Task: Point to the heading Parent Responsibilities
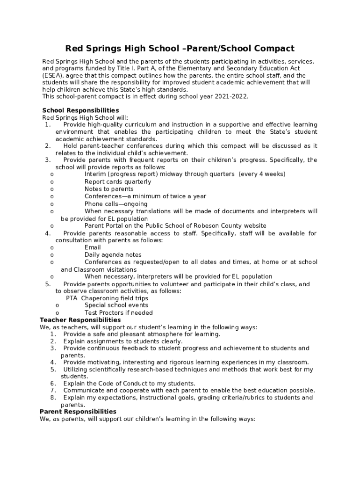pos(78,411)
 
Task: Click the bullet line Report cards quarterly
pos(117,181)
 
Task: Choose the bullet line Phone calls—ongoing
pos(115,204)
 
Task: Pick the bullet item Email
pos(93,247)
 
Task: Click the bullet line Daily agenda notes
pos(113,255)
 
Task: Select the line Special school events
pos(116,305)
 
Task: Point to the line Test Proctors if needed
pos(118,312)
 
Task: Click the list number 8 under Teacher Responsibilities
pos(53,398)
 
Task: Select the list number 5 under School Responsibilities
pos(48,284)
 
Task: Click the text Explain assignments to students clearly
pos(122,341)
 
